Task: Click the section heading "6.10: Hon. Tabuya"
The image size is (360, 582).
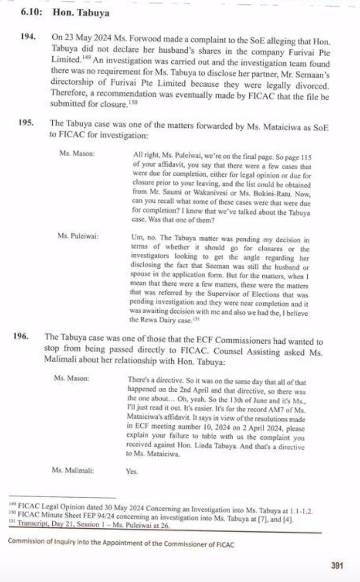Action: (x=65, y=13)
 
